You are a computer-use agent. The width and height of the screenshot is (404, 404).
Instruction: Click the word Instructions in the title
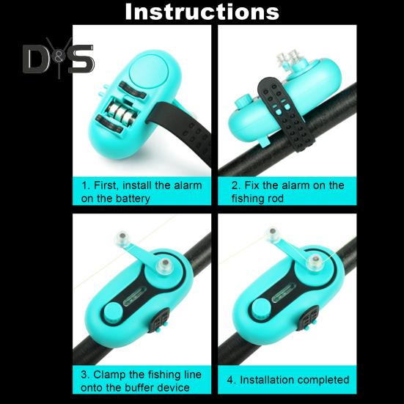tap(202, 12)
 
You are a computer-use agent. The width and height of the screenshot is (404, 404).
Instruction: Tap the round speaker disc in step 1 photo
tap(149, 71)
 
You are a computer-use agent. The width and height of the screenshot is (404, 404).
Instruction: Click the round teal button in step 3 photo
tap(114, 312)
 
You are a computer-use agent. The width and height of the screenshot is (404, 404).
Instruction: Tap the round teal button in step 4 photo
tap(261, 309)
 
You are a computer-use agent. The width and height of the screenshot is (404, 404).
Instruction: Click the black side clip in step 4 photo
tap(309, 318)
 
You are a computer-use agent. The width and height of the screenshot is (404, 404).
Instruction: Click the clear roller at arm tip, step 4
tap(273, 232)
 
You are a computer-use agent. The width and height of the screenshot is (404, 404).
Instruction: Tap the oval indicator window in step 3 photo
tap(135, 295)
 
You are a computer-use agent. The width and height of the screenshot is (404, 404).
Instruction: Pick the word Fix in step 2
tap(251, 186)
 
